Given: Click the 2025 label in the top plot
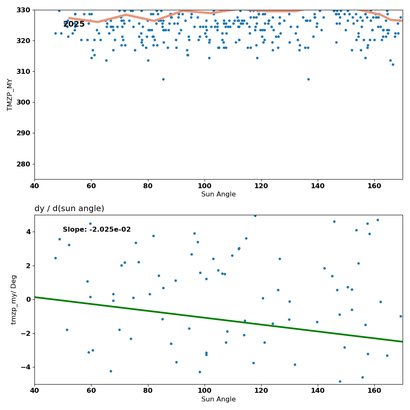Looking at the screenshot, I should point(74,25).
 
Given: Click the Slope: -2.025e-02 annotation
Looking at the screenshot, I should point(97,230).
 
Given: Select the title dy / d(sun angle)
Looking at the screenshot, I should point(69,209).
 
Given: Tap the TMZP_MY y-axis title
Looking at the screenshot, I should point(10,94).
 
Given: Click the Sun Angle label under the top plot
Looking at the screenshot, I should point(219,194).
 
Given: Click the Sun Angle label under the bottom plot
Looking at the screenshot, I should point(219,399).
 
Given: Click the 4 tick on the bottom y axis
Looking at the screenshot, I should point(29,232).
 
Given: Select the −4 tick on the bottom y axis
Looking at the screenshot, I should point(27,367).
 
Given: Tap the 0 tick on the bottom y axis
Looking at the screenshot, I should point(29,299).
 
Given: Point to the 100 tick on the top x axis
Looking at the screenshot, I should point(205,186).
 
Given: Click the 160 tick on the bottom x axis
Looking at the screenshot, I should point(374,391).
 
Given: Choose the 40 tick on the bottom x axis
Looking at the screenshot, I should point(34,391).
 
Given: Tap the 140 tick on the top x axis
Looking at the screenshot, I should point(318,186).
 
